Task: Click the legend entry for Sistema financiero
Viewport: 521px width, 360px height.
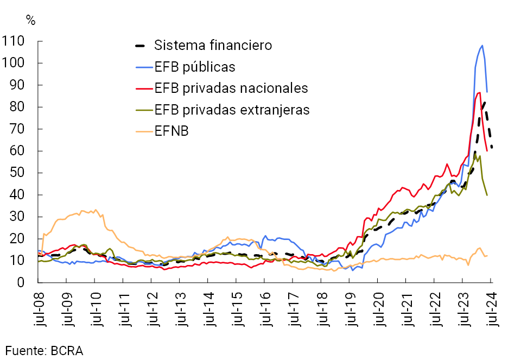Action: (x=213, y=45)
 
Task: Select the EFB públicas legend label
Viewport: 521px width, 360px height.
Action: (x=195, y=67)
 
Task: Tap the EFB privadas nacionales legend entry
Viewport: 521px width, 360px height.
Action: (x=231, y=88)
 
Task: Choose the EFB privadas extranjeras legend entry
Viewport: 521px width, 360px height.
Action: (x=232, y=110)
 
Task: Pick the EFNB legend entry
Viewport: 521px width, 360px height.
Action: (x=171, y=131)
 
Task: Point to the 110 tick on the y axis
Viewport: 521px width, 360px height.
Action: (x=15, y=41)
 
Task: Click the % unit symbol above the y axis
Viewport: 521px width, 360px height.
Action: (x=31, y=21)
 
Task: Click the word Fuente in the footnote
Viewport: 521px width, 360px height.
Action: (x=24, y=350)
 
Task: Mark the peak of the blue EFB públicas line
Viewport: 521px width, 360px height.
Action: (x=482, y=46)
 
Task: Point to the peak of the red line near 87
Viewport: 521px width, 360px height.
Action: (x=479, y=92)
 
